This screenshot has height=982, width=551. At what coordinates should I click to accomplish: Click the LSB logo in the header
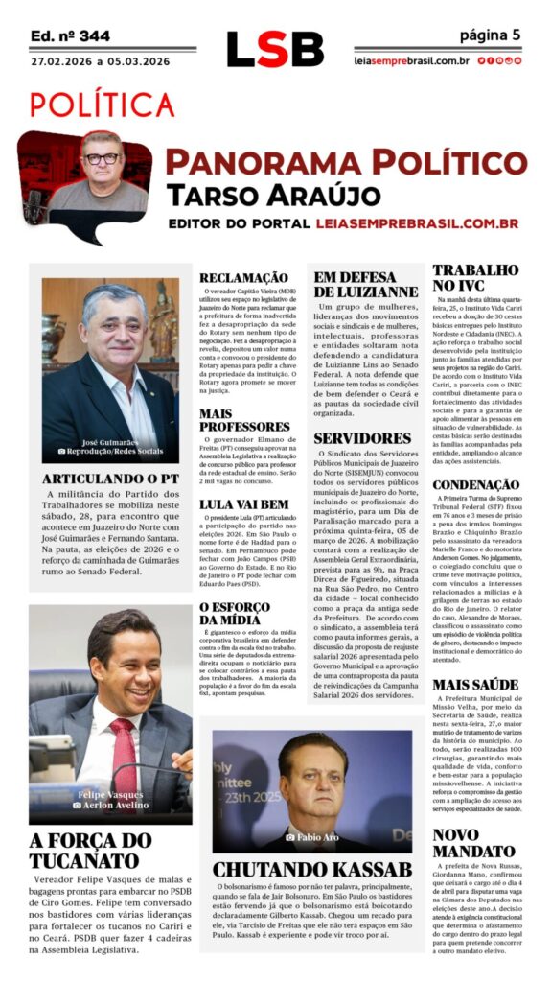click(275, 49)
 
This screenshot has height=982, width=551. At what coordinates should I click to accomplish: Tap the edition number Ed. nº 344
click(70, 36)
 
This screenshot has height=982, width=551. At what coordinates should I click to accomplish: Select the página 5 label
click(490, 35)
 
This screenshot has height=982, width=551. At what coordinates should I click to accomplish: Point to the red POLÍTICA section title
click(102, 104)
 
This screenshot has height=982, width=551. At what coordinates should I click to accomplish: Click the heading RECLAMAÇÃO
click(243, 277)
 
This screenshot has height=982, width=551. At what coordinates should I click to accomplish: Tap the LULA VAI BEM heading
click(244, 503)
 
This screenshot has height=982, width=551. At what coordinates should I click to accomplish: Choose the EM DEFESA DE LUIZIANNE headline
click(366, 284)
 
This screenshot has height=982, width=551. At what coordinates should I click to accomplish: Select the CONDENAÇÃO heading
click(475, 484)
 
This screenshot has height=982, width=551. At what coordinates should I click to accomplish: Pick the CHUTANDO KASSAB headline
click(312, 870)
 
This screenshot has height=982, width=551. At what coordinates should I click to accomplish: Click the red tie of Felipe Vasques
click(123, 743)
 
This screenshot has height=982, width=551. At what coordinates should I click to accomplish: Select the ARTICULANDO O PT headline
click(109, 479)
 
